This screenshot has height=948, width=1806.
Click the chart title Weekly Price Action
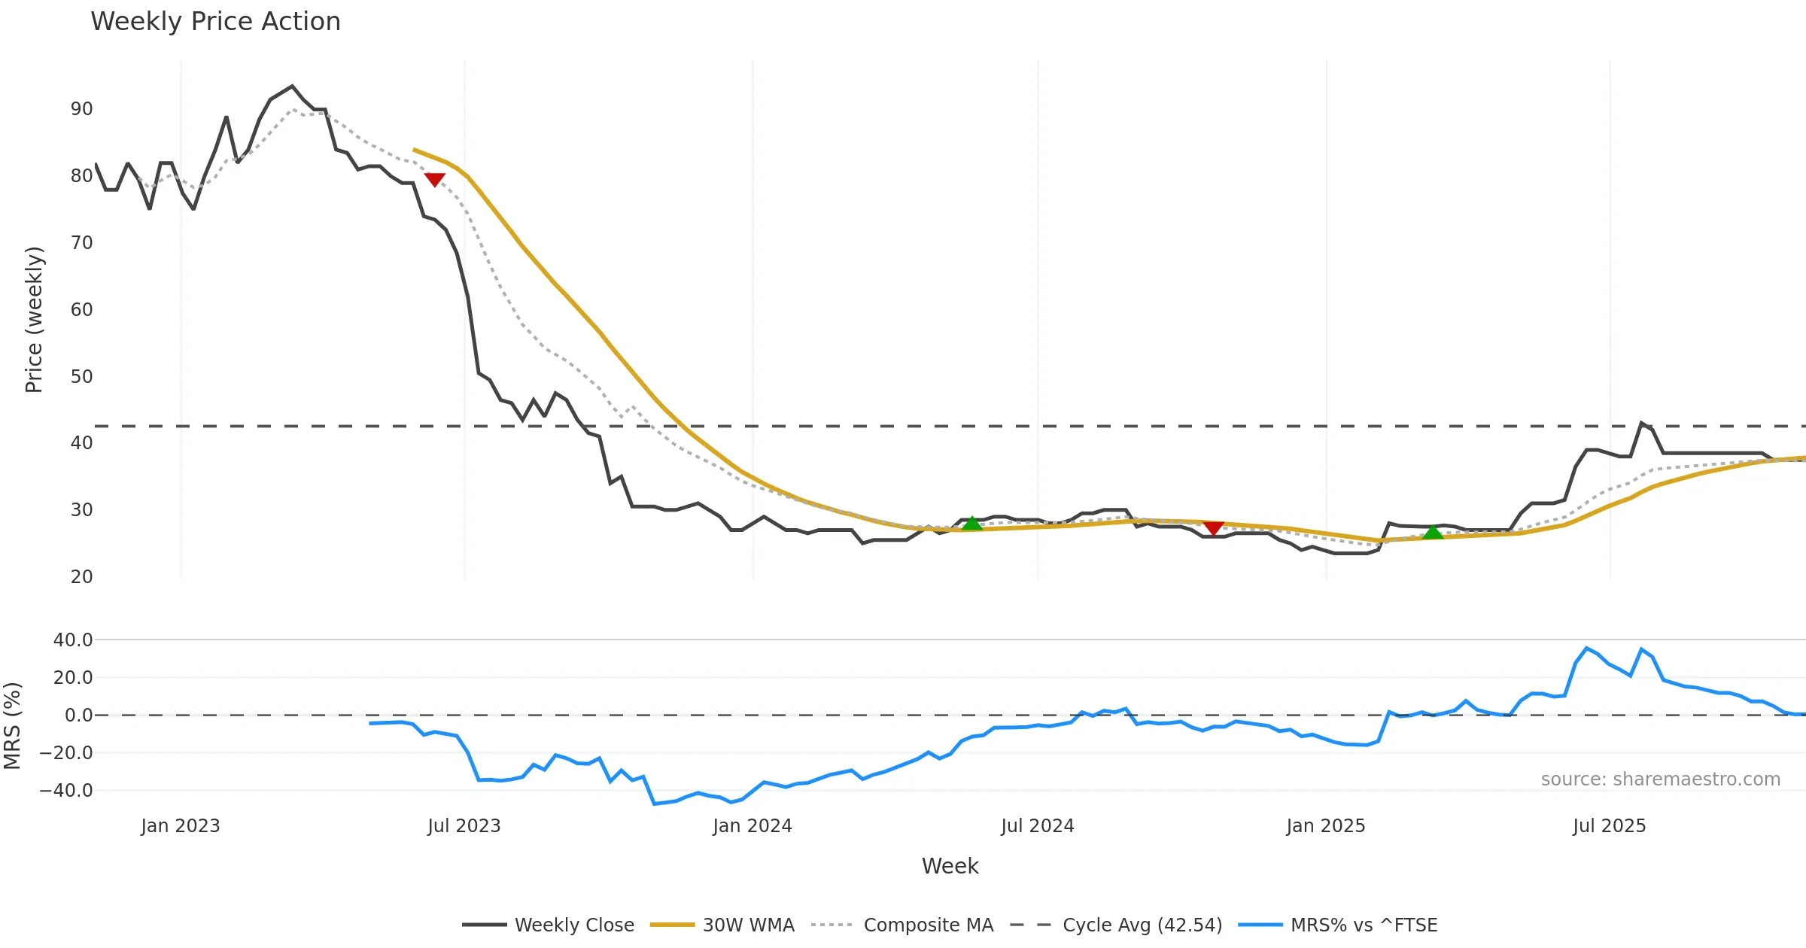(x=215, y=22)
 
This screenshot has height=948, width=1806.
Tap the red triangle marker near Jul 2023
(x=435, y=179)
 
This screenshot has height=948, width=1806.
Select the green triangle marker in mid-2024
(x=972, y=524)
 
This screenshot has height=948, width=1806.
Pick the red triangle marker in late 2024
(x=1213, y=528)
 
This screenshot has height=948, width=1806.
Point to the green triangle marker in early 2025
(x=1433, y=533)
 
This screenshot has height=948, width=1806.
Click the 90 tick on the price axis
(x=81, y=109)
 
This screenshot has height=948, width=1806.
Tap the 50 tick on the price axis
(x=81, y=377)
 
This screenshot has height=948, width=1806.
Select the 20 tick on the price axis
(x=81, y=577)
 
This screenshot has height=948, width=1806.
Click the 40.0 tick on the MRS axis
(x=73, y=640)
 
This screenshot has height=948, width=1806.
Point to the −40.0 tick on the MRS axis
(x=67, y=791)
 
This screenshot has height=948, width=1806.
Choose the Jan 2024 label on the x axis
(x=752, y=826)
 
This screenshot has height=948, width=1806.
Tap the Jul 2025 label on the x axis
(x=1609, y=826)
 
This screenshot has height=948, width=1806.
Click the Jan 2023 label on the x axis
(x=181, y=826)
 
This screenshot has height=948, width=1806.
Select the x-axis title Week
(x=950, y=867)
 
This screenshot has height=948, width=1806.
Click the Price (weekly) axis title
(x=35, y=320)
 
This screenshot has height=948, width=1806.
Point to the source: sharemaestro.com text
(x=1660, y=779)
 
